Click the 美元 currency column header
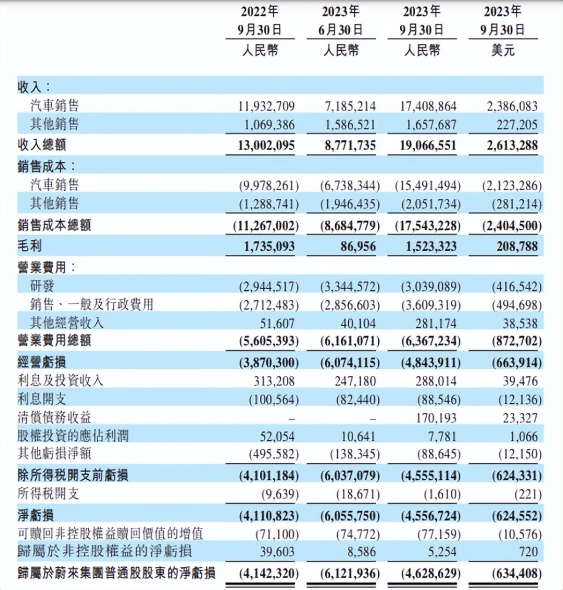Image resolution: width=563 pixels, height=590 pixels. coord(503,50)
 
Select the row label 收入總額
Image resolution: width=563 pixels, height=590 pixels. coord(42,145)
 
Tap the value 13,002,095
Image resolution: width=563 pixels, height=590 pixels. coord(266,145)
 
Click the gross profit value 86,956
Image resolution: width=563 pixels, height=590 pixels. coord(358,246)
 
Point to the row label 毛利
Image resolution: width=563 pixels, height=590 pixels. coord(30,246)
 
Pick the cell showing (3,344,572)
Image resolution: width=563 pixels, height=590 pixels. coord(350,287)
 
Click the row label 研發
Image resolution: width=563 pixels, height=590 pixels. coord(42,286)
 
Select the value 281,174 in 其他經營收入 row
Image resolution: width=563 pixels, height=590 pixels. coord(436,324)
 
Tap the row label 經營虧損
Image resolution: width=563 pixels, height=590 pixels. coord(42,362)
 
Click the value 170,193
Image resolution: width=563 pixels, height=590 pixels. coord(436,418)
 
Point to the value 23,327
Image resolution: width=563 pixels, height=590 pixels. coord(520,418)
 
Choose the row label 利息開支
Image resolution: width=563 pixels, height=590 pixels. coord(42,399)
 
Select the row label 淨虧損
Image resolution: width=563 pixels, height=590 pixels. coord(36,515)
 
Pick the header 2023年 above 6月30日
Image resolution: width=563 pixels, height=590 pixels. coord(341,12)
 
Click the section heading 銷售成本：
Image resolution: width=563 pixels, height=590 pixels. coord(47,167)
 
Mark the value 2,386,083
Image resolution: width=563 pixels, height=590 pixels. coord(512,107)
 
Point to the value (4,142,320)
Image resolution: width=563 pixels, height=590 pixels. coord(269,574)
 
